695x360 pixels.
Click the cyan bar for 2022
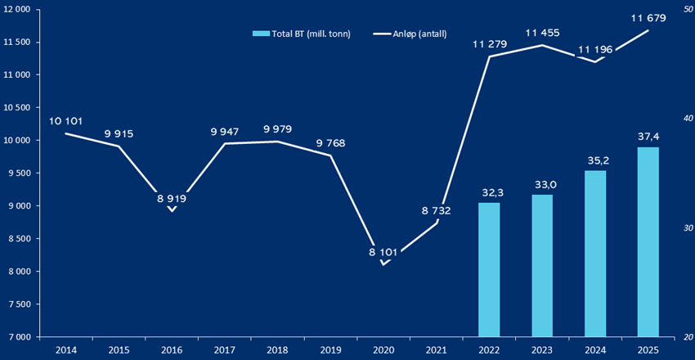point(489,269)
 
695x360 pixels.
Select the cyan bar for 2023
point(542,265)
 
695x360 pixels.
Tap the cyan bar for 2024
point(595,253)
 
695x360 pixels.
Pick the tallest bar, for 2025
point(648,241)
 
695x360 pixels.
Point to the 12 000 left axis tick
point(17,9)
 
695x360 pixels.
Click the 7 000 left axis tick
point(17,336)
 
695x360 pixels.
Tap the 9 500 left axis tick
point(17,173)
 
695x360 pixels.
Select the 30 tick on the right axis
point(678,227)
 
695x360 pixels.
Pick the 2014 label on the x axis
point(66,349)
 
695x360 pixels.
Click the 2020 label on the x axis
point(383,349)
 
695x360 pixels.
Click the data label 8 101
point(383,252)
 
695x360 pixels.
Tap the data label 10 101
point(66,121)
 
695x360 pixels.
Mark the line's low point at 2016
point(172,210)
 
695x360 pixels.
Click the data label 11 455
point(542,32)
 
